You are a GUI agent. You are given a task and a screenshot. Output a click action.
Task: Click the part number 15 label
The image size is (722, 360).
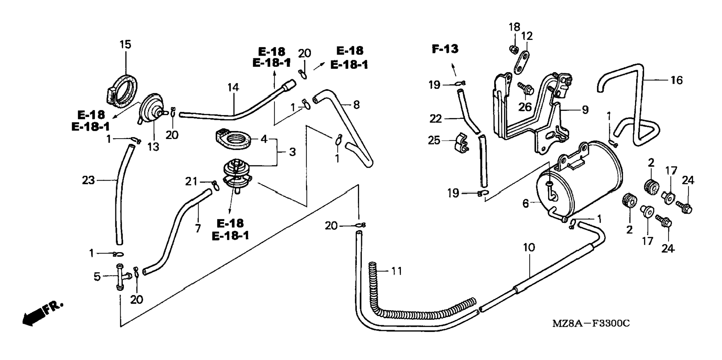(125, 44)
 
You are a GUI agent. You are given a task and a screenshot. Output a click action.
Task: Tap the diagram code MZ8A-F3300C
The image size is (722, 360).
(591, 323)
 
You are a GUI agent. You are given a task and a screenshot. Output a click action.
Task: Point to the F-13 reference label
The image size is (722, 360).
(445, 49)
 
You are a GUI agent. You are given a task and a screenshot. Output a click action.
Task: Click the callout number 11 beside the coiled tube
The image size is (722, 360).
(396, 271)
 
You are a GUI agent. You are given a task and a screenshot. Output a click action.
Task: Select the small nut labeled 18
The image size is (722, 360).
(514, 49)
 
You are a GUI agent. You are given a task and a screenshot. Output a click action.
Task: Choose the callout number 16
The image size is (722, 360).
(676, 80)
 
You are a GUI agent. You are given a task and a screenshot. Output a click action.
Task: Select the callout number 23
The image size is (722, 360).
(88, 180)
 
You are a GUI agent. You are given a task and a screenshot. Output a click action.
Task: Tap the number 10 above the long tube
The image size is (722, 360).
(529, 247)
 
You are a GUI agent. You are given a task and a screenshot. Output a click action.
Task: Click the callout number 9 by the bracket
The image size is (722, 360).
(585, 109)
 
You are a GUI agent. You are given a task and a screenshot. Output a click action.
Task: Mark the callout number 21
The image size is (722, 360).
(191, 181)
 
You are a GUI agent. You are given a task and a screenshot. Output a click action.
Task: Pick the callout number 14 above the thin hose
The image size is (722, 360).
(233, 87)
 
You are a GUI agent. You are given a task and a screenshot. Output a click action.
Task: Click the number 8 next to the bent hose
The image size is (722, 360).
(357, 105)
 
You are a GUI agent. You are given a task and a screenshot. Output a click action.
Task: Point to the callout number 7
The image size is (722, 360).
(198, 228)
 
